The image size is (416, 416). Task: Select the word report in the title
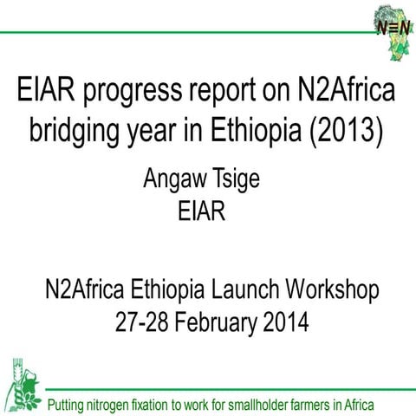tap(235, 91)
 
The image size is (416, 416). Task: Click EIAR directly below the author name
tap(207, 212)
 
